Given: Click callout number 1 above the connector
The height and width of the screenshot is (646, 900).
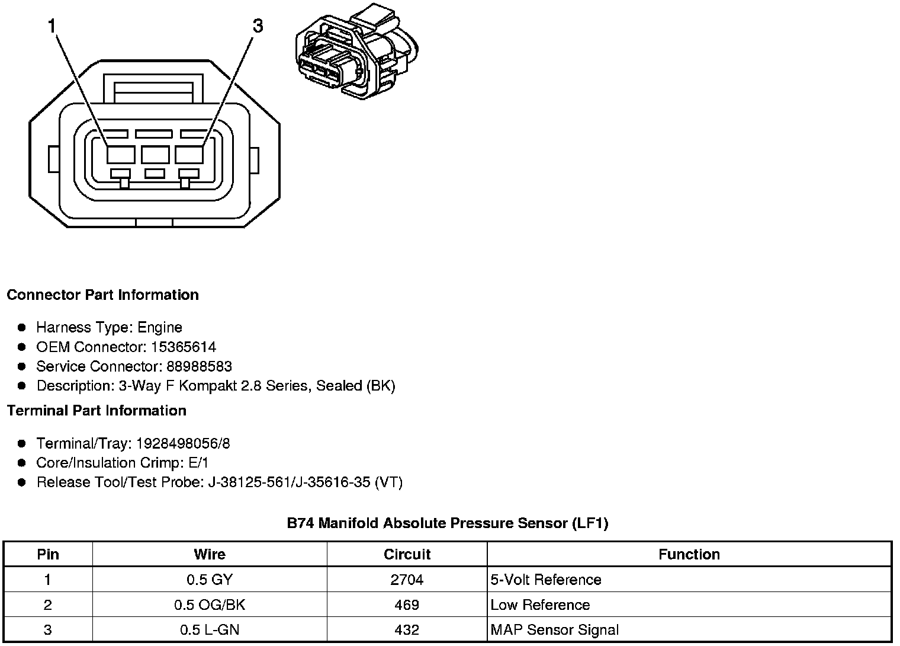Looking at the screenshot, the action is tap(52, 26).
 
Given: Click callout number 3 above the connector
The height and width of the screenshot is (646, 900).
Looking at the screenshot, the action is tap(258, 26).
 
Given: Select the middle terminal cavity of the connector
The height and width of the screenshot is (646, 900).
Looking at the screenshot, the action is tap(155, 155).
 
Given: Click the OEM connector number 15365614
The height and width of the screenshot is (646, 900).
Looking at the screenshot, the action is tap(184, 347).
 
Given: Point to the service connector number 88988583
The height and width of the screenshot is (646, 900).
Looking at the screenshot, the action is tap(195, 366).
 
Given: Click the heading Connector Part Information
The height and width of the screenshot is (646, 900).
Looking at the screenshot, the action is tap(102, 295).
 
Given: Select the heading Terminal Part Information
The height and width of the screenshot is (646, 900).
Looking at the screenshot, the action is tap(97, 411).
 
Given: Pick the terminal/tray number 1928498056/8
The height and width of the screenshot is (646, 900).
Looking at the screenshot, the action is tap(183, 443).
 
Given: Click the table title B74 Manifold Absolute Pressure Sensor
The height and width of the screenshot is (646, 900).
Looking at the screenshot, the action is tap(447, 523).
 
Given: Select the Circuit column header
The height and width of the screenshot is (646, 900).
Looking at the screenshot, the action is tap(407, 555).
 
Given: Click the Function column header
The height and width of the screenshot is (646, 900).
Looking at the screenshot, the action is tap(689, 555).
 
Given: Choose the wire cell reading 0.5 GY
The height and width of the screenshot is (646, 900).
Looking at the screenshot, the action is tap(210, 580).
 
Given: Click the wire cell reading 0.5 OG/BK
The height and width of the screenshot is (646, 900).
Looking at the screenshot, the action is tap(210, 605).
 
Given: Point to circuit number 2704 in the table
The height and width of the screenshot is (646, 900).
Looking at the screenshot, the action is tap(407, 580).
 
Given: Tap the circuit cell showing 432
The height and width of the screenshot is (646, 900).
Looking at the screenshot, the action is tap(407, 630).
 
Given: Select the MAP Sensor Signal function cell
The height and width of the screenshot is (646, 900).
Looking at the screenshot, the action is tap(555, 630).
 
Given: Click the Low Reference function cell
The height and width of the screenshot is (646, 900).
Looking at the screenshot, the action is tap(540, 605).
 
